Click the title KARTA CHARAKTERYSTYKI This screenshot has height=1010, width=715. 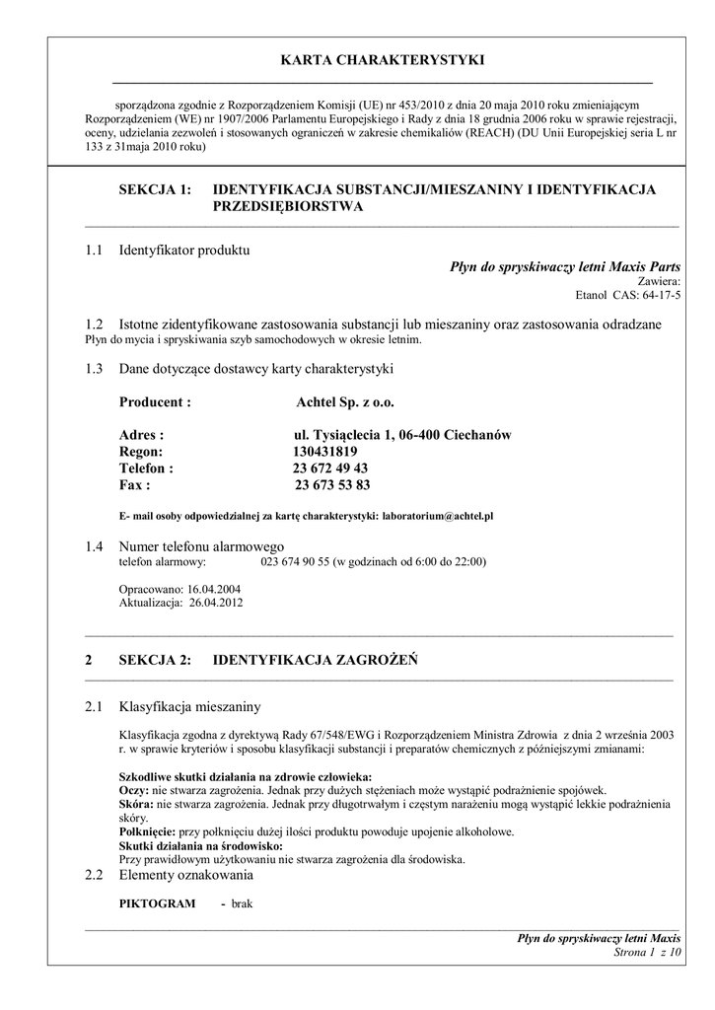pyautogui.click(x=383, y=61)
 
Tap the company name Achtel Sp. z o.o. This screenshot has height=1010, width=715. pyautogui.click(x=345, y=402)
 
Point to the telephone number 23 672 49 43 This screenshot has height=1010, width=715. pyautogui.click(x=329, y=469)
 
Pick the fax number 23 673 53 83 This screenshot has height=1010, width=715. pyautogui.click(x=332, y=485)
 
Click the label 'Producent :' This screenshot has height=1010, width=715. pyautogui.click(x=155, y=402)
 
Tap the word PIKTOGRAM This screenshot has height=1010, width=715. pyautogui.click(x=157, y=903)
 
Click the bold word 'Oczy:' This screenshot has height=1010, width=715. pyautogui.click(x=133, y=791)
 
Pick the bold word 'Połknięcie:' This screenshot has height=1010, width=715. pyautogui.click(x=147, y=832)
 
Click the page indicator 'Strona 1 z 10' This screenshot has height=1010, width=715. pyautogui.click(x=647, y=953)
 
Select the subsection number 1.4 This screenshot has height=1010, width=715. pyautogui.click(x=95, y=546)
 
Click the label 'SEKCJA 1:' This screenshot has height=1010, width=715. pyautogui.click(x=154, y=189)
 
